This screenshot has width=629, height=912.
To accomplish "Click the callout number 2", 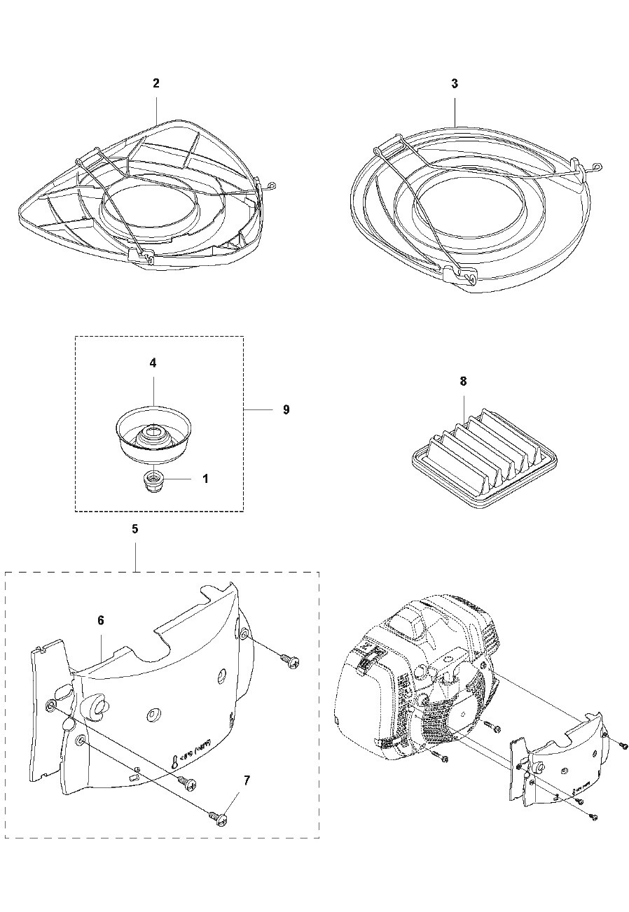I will [156, 83].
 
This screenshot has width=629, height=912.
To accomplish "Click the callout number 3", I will [455, 83].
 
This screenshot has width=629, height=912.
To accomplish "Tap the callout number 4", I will [153, 363].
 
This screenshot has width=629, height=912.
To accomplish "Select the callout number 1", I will [205, 479].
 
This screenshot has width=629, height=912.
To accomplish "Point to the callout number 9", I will [286, 409].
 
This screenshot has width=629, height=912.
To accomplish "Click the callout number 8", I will [463, 381].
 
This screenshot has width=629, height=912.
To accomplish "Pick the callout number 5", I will [134, 529].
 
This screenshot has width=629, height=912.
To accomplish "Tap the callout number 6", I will [101, 620].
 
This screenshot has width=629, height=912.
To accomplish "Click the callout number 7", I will [247, 780].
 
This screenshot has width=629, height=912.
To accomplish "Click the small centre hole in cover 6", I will [151, 715].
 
